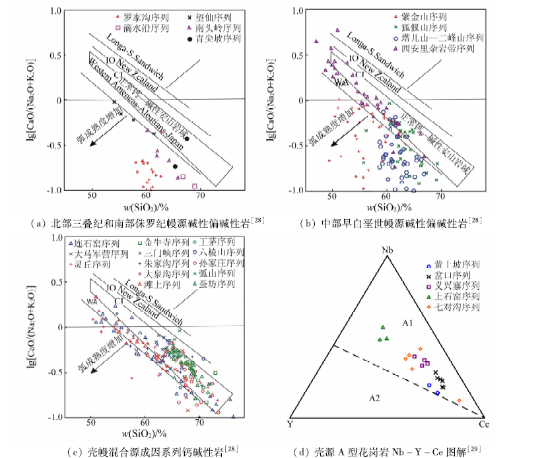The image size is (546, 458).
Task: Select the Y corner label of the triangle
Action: pos(290,423)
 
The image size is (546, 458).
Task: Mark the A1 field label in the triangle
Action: pos(407,324)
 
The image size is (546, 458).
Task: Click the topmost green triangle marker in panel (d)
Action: pos(382,327)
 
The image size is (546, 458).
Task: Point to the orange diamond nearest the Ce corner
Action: pos(460,401)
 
